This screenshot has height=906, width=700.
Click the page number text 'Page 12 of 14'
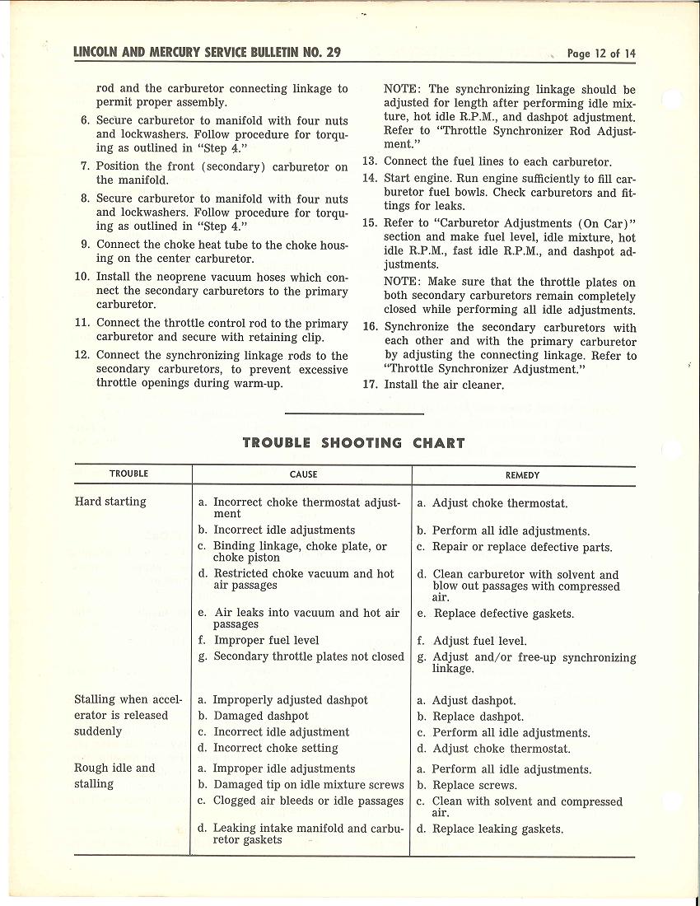tap(601, 54)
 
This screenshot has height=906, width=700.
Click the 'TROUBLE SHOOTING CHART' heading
tap(353, 443)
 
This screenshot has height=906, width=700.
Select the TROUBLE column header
tap(128, 474)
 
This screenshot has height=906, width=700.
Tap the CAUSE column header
tap(303, 474)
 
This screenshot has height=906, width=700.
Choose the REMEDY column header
tap(522, 475)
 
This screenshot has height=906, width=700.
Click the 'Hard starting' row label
tap(110, 502)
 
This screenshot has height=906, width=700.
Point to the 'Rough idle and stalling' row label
tap(114, 776)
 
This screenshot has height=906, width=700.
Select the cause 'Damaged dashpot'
tap(261, 717)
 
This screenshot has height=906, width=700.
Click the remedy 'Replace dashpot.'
tap(478, 717)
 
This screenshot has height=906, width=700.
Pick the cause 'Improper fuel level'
tap(266, 640)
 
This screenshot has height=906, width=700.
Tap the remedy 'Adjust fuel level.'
tap(479, 641)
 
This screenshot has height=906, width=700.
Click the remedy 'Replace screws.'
tap(474, 786)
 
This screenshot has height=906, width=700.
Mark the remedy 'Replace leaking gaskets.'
tap(497, 829)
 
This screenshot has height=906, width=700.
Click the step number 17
tap(370, 384)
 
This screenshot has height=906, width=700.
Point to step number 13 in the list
tap(370, 162)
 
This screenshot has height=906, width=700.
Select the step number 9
tap(85, 245)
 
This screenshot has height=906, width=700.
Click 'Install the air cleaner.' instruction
tap(444, 385)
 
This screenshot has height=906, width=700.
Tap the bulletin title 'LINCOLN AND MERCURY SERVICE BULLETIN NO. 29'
tap(207, 54)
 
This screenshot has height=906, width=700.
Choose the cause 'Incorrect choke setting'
tap(275, 749)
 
